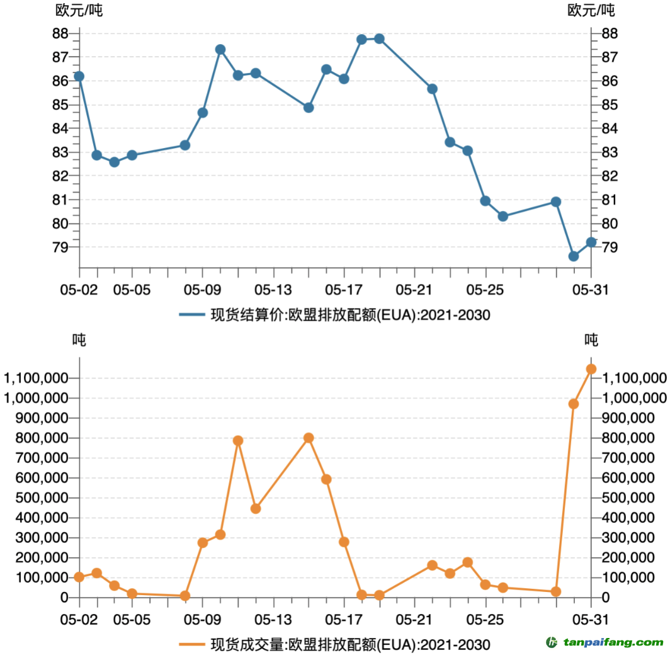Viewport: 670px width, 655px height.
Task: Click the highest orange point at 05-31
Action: [x=591, y=369]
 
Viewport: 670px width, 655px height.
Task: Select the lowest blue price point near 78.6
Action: [x=573, y=256]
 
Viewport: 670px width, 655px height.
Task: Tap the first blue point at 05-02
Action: [x=79, y=76]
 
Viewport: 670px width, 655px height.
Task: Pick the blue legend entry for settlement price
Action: [x=334, y=315]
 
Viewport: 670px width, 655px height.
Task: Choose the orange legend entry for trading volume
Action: [x=334, y=644]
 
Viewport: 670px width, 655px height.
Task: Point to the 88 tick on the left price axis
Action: [x=60, y=33]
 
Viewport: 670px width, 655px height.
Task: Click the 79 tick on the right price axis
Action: [x=610, y=247]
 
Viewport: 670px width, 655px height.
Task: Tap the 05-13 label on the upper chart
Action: [x=273, y=290]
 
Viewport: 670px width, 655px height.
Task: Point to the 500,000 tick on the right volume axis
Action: [x=633, y=498]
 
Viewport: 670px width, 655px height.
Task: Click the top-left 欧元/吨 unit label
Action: [x=79, y=10]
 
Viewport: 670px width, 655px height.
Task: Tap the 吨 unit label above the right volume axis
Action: [x=591, y=339]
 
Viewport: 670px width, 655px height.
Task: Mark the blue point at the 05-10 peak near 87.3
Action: [x=220, y=49]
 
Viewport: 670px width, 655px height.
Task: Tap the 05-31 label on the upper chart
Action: [x=591, y=290]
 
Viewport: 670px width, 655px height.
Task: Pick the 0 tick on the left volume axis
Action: [x=64, y=597]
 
